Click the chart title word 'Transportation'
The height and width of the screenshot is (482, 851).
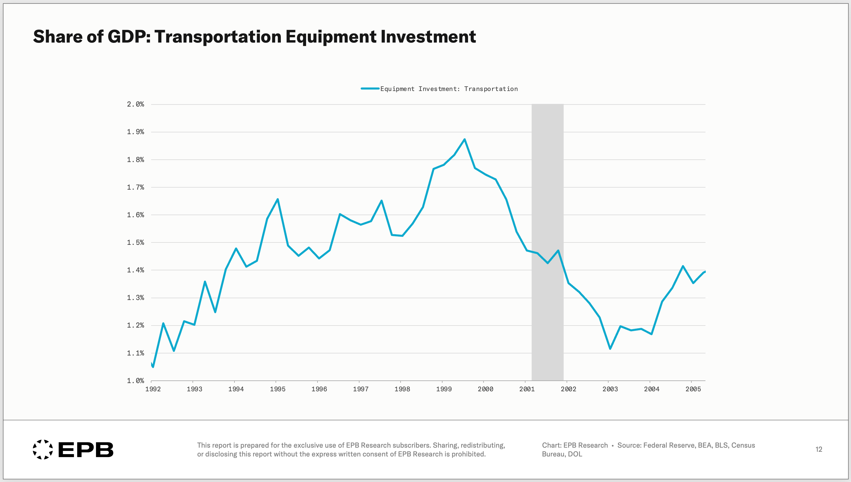218,36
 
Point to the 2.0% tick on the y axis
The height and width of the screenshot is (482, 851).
135,104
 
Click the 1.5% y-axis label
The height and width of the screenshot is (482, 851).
135,242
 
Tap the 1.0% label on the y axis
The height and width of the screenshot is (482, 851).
135,381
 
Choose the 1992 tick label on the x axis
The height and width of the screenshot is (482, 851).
153,389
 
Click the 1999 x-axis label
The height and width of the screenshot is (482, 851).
444,389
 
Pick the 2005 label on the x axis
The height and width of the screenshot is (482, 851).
693,389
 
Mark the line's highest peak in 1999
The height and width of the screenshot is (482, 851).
465,139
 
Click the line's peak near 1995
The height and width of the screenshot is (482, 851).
278,199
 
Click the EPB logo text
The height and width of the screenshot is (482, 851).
86,449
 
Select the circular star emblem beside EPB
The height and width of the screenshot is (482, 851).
43,449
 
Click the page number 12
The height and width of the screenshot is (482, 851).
819,449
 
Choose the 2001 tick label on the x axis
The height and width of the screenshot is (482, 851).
527,389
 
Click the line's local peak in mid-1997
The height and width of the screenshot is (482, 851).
381,200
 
